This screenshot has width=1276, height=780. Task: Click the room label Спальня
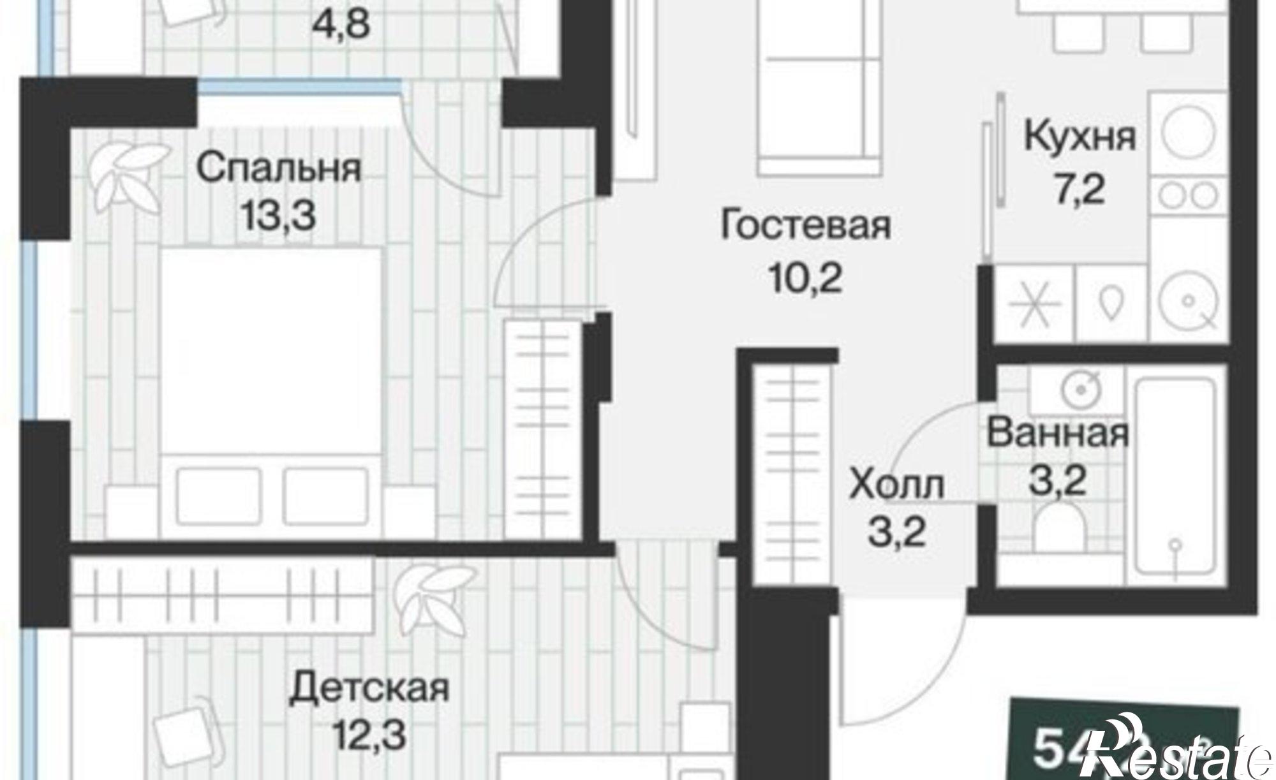pyautogui.click(x=278, y=168)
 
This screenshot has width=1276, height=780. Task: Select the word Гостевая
pyautogui.click(x=805, y=226)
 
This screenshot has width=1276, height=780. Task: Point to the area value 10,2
pyautogui.click(x=805, y=278)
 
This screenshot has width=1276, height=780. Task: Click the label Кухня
pyautogui.click(x=1079, y=138)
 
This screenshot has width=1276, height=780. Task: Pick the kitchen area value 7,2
pyautogui.click(x=1079, y=189)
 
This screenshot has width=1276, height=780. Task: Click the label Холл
pyautogui.click(x=896, y=486)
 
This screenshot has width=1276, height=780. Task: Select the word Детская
pyautogui.click(x=369, y=689)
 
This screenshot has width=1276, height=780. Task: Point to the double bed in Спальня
pyautogui.click(x=271, y=389)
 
